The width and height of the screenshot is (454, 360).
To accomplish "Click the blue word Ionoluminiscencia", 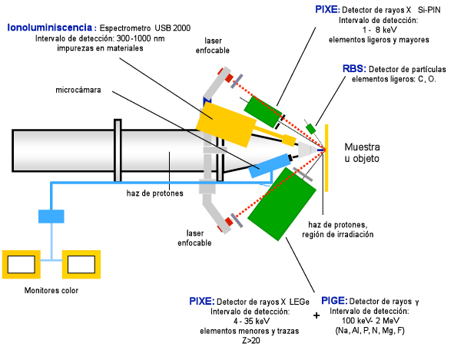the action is click(x=49, y=28).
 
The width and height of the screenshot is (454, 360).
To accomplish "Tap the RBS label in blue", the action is click(x=354, y=69).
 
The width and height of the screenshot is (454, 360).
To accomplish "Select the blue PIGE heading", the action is click(x=334, y=301).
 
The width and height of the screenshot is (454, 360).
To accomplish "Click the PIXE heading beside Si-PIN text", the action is click(x=327, y=10).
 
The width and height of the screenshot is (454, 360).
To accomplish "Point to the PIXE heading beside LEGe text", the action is click(x=202, y=301).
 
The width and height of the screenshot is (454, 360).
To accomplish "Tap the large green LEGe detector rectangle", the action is click(x=282, y=204).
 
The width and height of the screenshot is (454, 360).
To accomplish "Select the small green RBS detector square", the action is click(x=311, y=129).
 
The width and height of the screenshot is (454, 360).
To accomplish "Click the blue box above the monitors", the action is click(x=51, y=216).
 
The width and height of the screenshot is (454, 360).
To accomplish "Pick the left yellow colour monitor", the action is click(x=22, y=265).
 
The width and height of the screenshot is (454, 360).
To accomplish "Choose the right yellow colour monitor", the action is click(x=81, y=265).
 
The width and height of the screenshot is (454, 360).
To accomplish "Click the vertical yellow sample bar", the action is click(x=326, y=158).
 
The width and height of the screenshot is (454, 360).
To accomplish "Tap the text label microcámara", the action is click(x=78, y=90).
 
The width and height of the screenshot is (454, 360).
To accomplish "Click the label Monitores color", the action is click(x=51, y=290).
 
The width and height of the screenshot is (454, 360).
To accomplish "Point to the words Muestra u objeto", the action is click(x=362, y=153).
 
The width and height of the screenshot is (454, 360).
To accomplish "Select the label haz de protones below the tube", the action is click(x=155, y=193).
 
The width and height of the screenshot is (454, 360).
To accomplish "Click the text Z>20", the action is click(x=251, y=341).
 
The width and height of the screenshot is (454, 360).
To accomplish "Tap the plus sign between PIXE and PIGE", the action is click(x=316, y=315).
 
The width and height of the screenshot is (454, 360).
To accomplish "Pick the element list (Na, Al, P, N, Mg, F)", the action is click(x=369, y=331).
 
